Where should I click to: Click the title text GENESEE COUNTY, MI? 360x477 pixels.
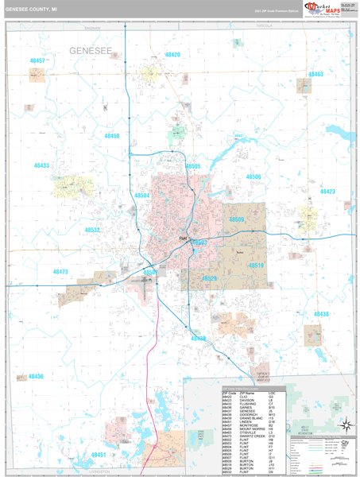point(31,10)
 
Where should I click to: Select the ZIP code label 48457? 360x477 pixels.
point(37,60)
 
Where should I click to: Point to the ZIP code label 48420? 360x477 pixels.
point(172,55)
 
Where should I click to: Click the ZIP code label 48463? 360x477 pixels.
point(315,74)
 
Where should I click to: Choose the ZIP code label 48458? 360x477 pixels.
point(112,136)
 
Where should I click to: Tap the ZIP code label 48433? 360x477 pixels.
point(41,165)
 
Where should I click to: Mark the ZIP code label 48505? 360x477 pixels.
point(193,166)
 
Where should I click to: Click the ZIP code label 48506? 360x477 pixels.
point(253,176)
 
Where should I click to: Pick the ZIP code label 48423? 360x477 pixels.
point(327,191)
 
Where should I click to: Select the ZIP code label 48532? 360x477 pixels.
point(93,230)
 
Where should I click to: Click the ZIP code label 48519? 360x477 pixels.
point(255,266)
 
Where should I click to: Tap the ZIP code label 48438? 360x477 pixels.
point(321,314)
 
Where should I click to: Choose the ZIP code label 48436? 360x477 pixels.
point(36,376)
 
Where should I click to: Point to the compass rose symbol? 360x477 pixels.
point(345,424)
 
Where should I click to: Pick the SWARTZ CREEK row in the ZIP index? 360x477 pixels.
point(238,436)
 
